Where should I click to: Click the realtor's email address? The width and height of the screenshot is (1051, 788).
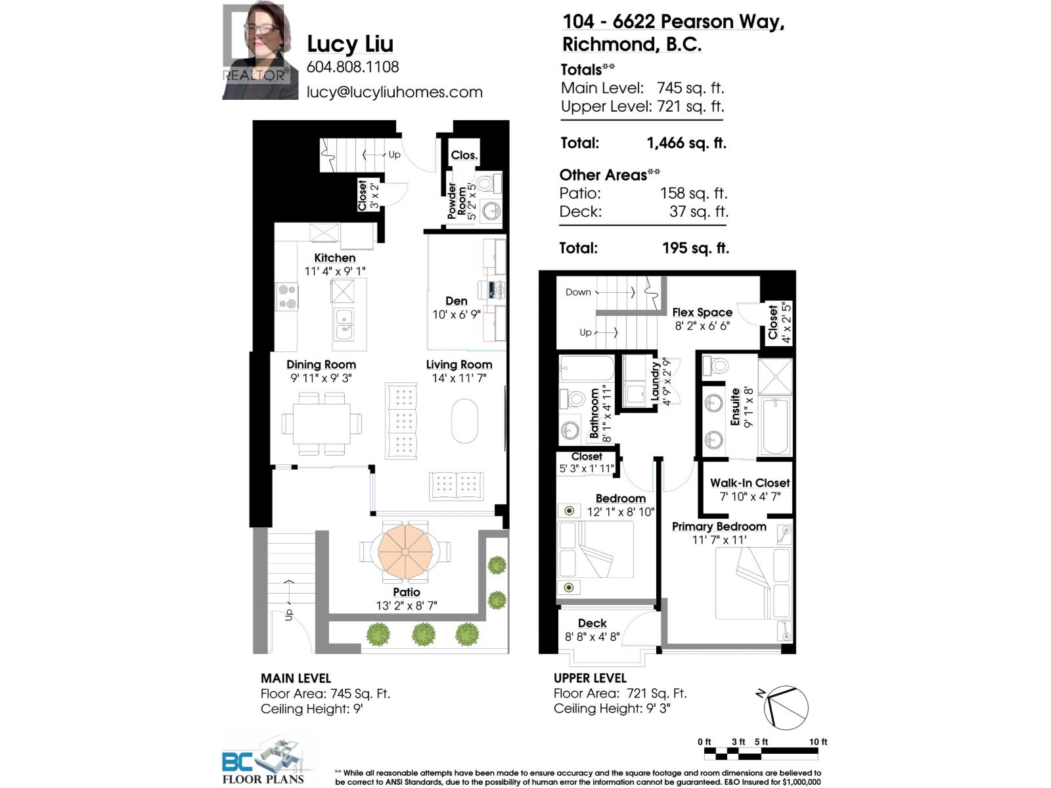(394, 93)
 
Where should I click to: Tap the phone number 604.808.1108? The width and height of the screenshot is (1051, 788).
(353, 67)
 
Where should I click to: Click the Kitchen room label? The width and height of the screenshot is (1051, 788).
(334, 258)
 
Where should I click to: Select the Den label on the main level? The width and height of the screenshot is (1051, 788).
(456, 301)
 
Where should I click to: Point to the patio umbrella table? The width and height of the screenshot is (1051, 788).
(405, 551)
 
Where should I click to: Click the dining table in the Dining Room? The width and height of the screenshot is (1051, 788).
(321, 424)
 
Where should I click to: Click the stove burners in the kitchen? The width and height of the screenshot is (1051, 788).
(286, 296)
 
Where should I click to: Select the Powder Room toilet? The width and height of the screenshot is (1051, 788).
(487, 183)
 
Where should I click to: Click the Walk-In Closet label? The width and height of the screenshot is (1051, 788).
(749, 483)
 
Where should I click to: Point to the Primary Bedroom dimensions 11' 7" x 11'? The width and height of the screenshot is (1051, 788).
(719, 540)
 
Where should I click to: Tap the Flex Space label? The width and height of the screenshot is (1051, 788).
(702, 313)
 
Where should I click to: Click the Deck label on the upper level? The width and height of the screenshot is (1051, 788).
(592, 623)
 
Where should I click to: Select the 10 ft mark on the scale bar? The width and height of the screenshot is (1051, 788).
(818, 742)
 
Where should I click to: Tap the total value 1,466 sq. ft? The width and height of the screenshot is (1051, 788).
(686, 143)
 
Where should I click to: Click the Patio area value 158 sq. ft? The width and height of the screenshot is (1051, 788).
(694, 193)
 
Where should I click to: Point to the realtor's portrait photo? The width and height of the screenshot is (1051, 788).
(255, 53)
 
